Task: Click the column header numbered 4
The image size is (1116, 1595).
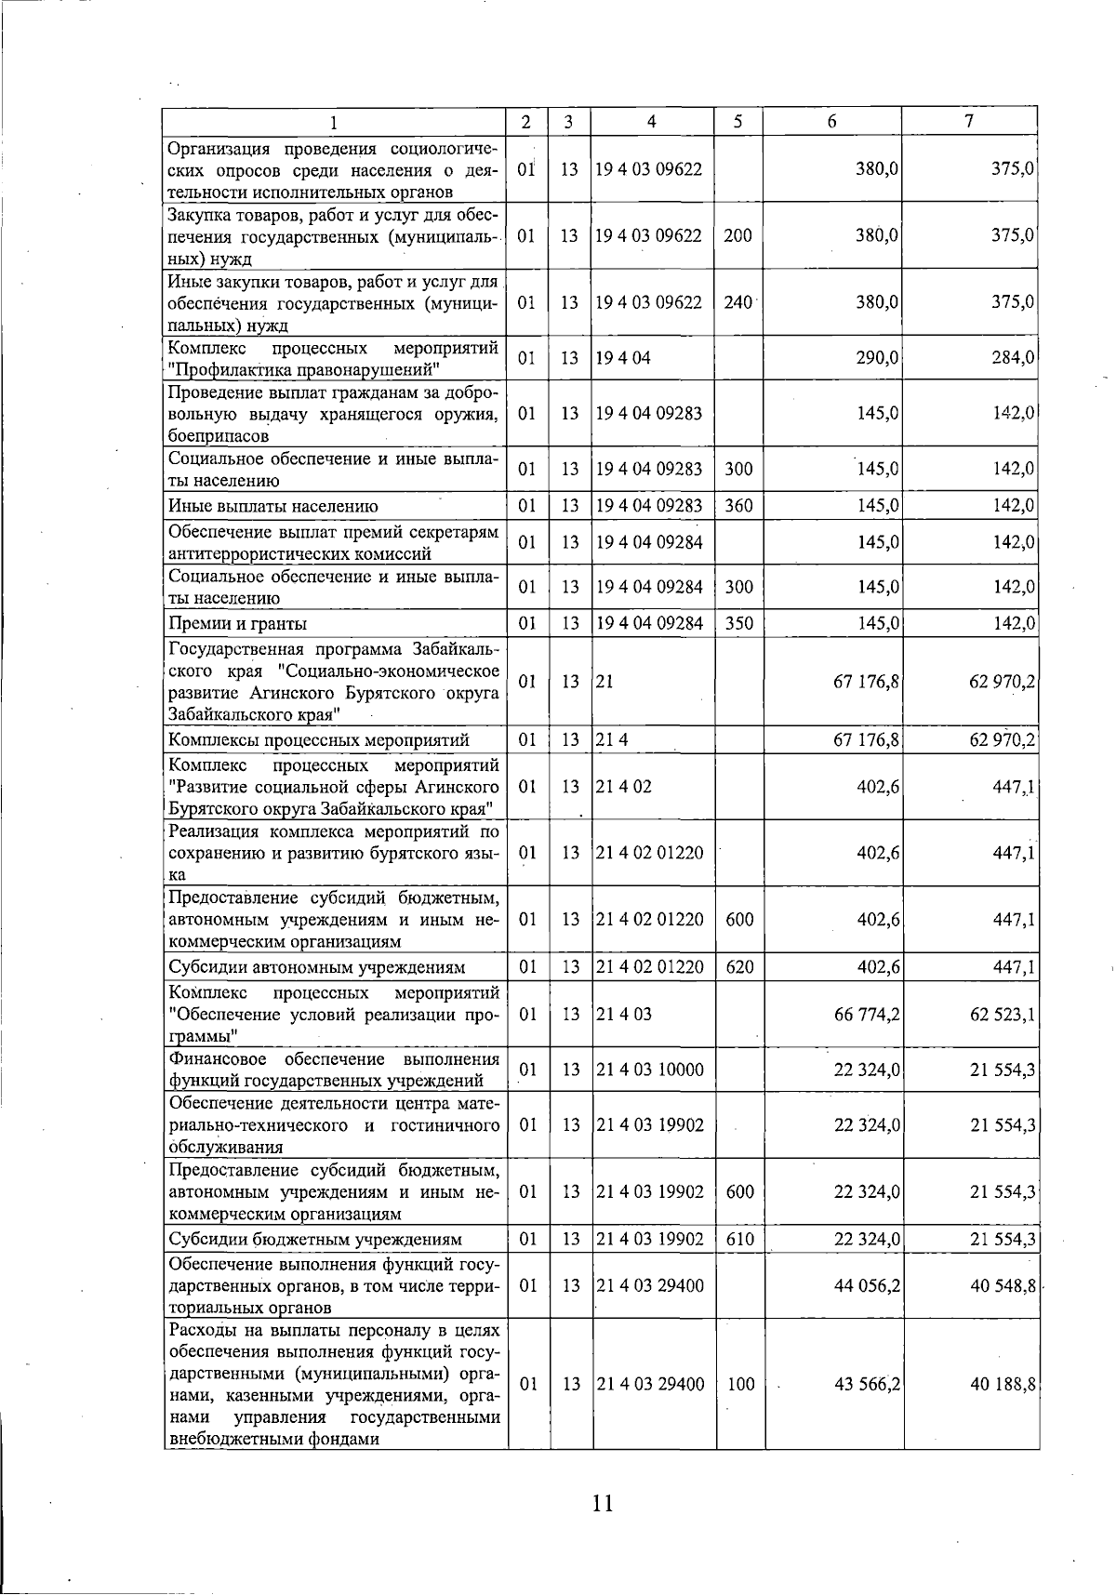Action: (651, 122)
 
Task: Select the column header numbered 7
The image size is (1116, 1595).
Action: (969, 122)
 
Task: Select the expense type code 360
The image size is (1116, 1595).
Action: (738, 507)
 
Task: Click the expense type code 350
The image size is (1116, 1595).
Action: (738, 623)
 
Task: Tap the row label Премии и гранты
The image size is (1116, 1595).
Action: (238, 623)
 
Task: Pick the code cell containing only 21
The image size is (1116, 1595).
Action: (605, 682)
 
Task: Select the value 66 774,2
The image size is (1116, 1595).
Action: (867, 1015)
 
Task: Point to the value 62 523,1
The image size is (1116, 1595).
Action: (1003, 1015)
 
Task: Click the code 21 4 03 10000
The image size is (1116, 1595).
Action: (649, 1070)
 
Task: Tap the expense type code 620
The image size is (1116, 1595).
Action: (739, 967)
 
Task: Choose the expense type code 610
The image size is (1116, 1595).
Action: (739, 1240)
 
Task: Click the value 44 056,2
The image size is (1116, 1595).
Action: (867, 1286)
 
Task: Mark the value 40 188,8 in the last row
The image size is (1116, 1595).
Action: (1003, 1385)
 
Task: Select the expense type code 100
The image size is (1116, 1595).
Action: (740, 1385)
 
